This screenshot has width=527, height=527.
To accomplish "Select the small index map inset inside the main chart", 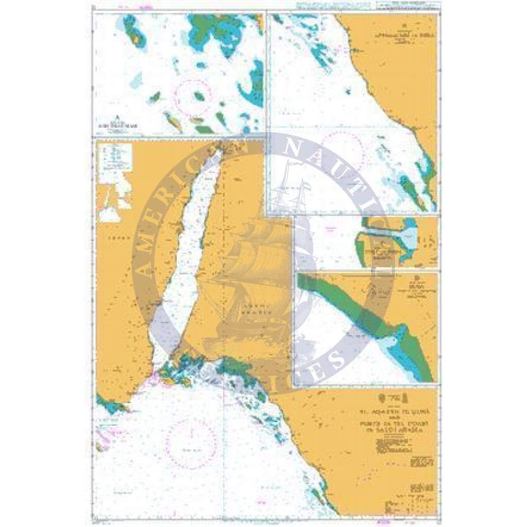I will [115, 183].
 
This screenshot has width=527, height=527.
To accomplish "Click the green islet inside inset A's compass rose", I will [198, 96].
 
